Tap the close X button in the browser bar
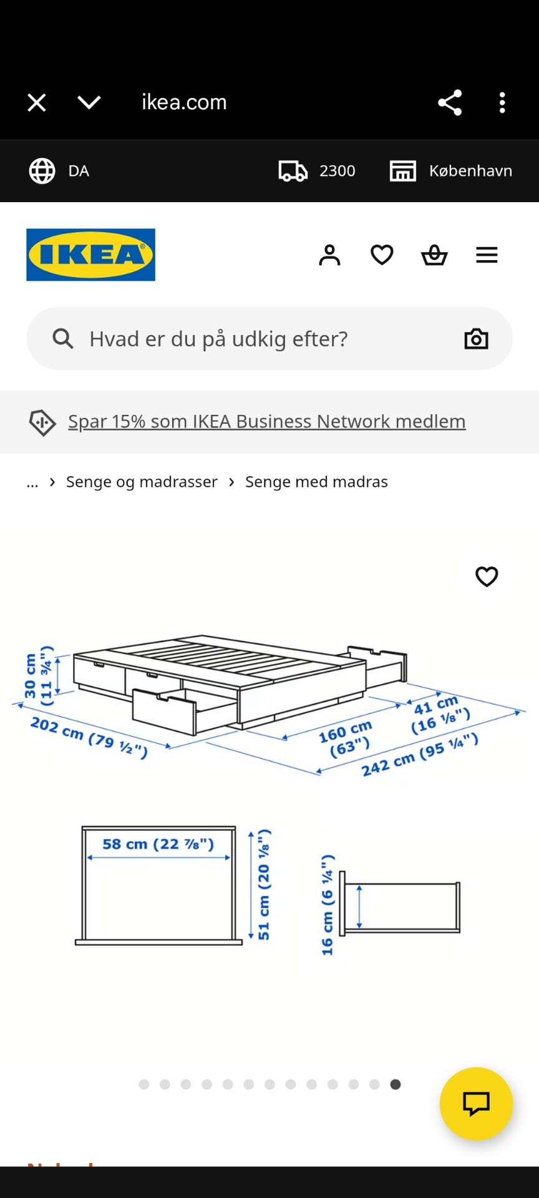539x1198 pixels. (37, 102)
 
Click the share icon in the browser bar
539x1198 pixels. (450, 102)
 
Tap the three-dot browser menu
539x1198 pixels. (502, 102)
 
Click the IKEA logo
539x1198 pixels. (90, 255)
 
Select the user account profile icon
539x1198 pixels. (329, 255)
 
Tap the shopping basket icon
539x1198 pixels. (434, 255)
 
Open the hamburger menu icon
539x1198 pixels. (487, 255)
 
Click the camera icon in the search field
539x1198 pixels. (476, 339)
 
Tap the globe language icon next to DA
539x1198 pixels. (42, 171)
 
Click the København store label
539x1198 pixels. (470, 171)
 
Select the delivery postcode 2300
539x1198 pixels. (337, 171)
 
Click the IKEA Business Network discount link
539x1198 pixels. (267, 421)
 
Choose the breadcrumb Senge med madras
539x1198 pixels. (316, 482)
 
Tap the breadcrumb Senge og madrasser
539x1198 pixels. (142, 482)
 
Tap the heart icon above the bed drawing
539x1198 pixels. (487, 577)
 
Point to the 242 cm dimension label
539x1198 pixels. (420, 755)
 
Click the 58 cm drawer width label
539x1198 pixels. (158, 844)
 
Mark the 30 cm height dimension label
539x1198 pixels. (38, 676)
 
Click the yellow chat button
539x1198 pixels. (476, 1104)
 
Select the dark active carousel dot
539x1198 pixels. (396, 1084)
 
